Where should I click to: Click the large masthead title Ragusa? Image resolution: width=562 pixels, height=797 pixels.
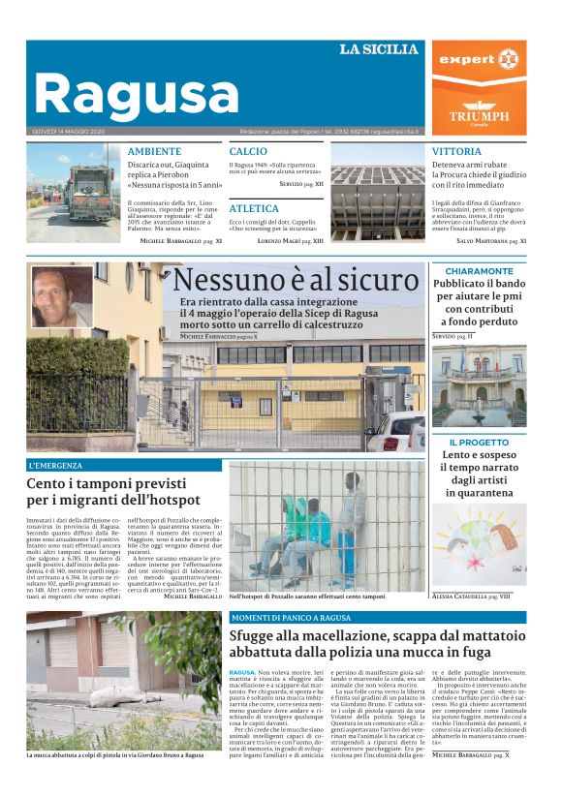(x=136, y=95)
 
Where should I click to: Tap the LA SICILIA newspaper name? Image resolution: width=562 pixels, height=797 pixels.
(x=378, y=49)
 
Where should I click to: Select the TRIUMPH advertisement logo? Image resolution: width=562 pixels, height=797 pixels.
(x=479, y=114)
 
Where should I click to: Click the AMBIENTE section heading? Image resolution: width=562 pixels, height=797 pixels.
(x=154, y=152)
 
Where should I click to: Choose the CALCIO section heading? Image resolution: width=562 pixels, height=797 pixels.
(x=248, y=152)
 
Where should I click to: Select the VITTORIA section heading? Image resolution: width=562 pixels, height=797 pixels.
(x=456, y=152)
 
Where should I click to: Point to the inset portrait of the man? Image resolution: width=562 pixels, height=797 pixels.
(x=62, y=296)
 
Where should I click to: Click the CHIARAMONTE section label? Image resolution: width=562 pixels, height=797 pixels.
(x=479, y=271)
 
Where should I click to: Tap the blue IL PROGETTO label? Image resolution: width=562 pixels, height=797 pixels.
(x=478, y=443)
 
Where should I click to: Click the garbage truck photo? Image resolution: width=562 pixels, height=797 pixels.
(x=73, y=193)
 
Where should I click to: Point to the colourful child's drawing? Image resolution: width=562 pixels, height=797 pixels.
(x=478, y=542)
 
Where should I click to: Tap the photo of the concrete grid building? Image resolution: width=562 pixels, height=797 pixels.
(x=377, y=193)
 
